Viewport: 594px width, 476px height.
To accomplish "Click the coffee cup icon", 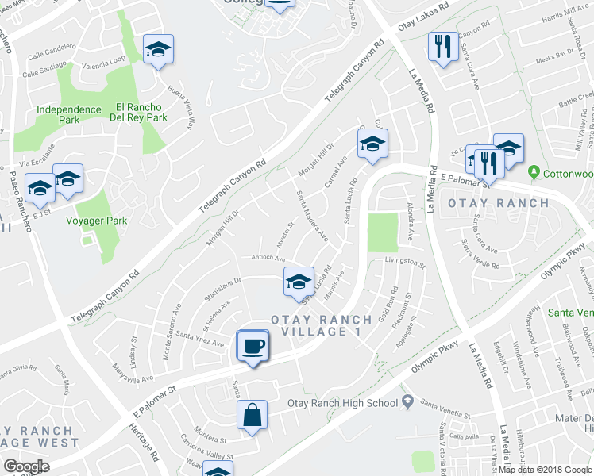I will click(253, 346).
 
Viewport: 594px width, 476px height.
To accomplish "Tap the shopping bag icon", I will click(252, 415).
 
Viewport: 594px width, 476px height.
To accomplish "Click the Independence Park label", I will click(57, 114).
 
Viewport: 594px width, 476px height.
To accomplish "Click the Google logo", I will click(26, 466).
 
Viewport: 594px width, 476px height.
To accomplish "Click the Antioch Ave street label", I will click(268, 258).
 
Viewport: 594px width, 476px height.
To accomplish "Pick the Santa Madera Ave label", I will click(311, 216).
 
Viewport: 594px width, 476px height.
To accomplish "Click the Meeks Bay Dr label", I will click(555, 54).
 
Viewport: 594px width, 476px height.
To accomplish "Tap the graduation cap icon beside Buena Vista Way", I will click(158, 50).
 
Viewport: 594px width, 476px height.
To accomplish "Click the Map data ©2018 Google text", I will click(544, 469).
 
